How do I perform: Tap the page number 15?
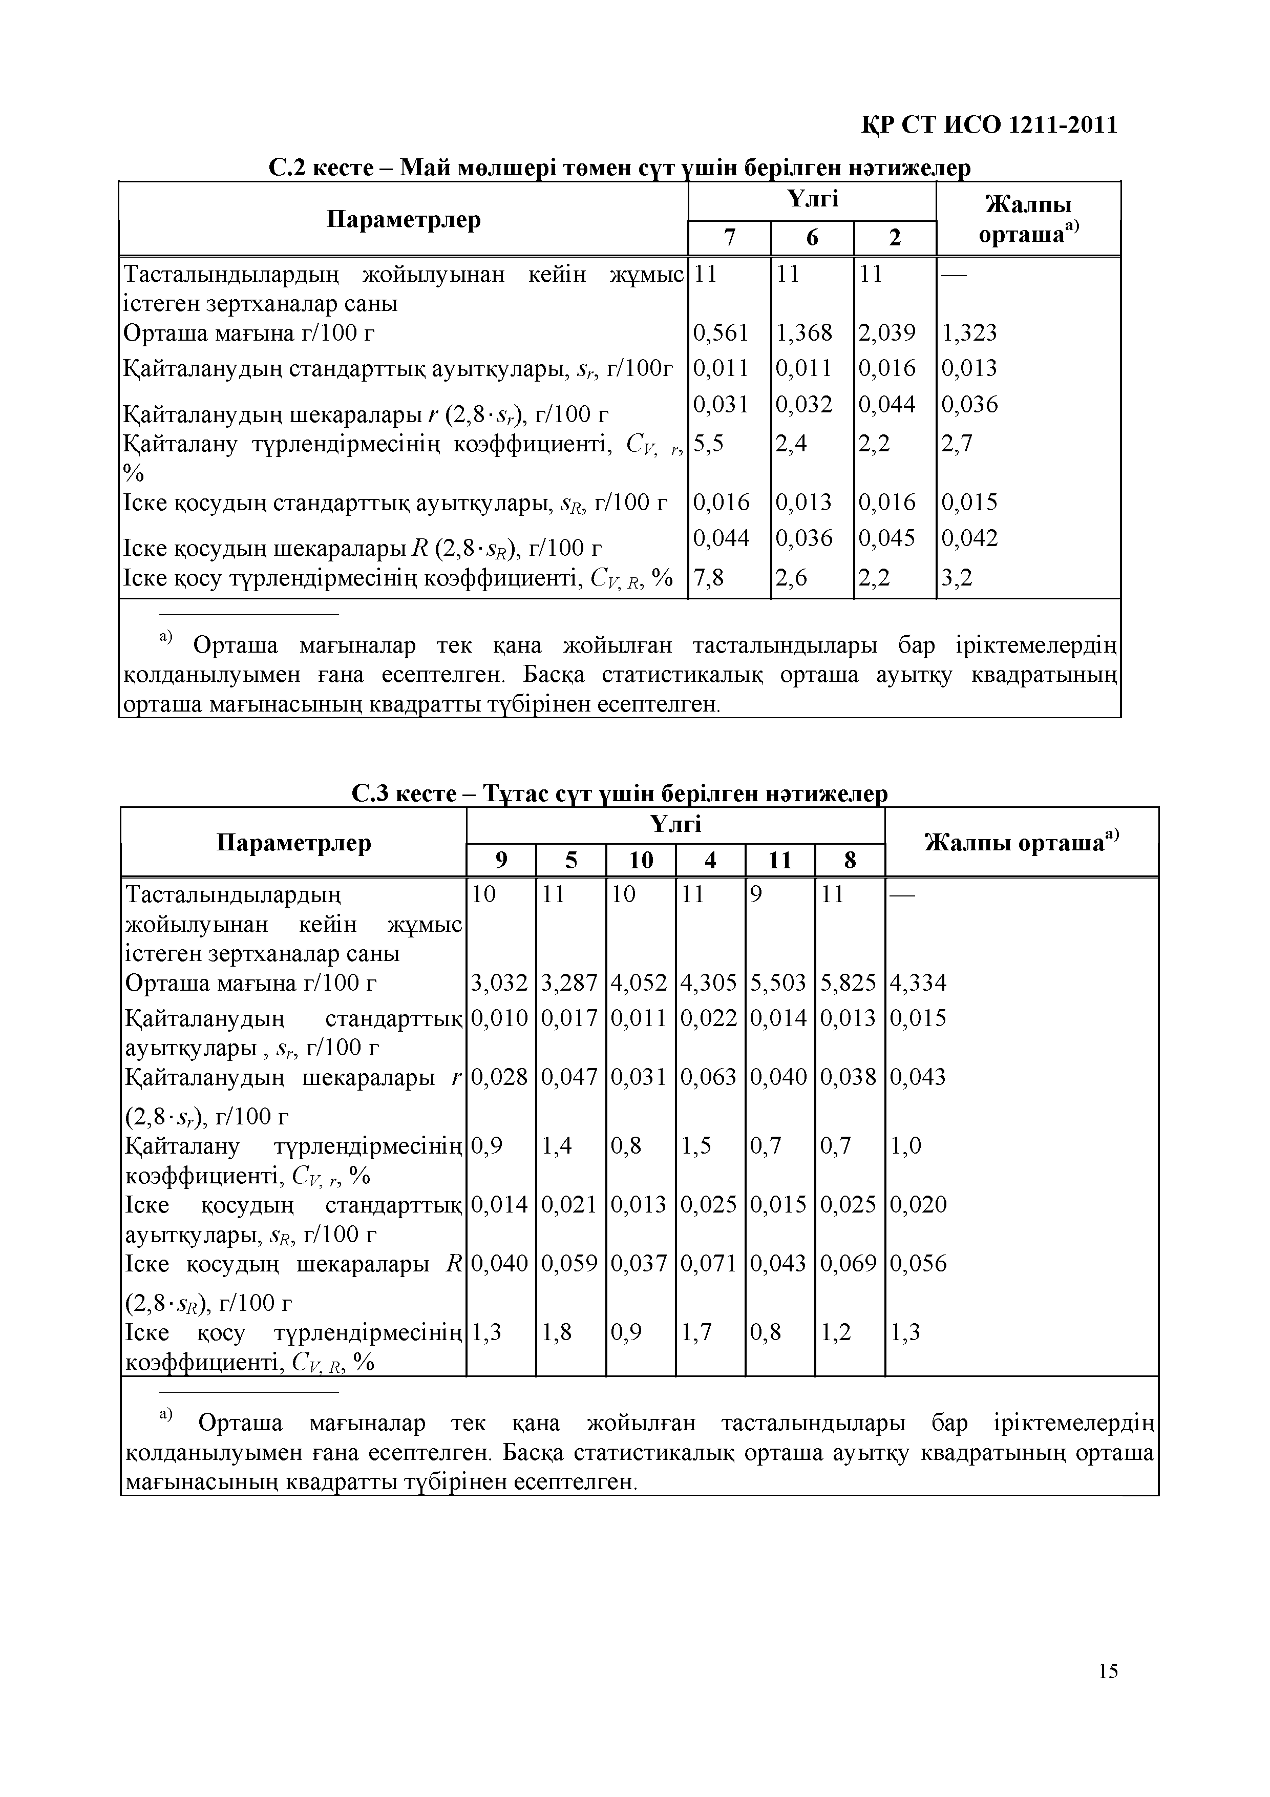pyautogui.click(x=1107, y=1693)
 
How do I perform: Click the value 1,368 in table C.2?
pyautogui.click(x=805, y=332)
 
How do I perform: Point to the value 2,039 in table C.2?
pyautogui.click(x=886, y=332)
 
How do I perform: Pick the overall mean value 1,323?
pyautogui.click(x=969, y=332)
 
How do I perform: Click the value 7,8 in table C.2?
pyautogui.click(x=709, y=578)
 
